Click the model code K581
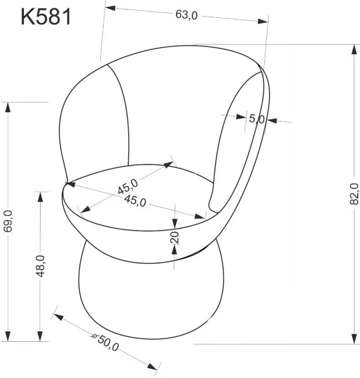point(46,17)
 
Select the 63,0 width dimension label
point(186,16)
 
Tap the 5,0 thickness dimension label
point(256,119)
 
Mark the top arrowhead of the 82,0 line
point(354,50)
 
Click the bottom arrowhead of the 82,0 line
point(354,338)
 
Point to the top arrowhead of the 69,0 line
point(8,107)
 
